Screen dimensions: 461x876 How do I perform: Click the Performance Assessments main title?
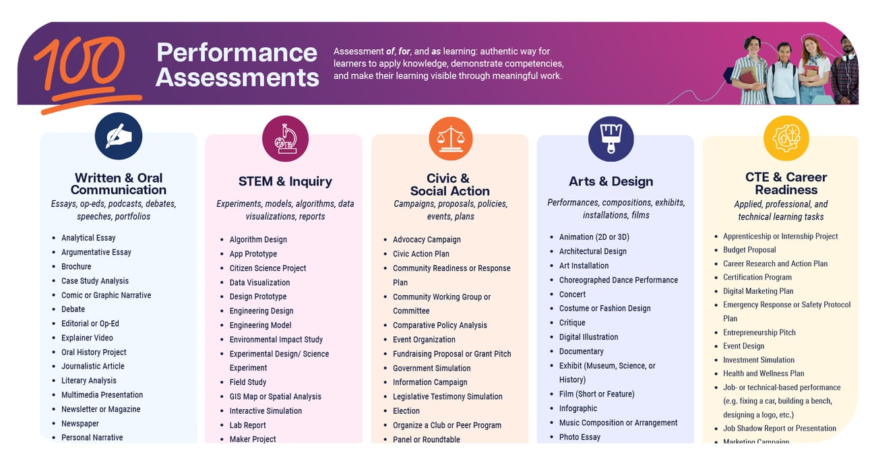pyautogui.click(x=237, y=65)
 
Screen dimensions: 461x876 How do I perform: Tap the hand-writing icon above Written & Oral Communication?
pyautogui.click(x=119, y=136)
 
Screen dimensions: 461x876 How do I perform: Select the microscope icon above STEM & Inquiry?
pyautogui.click(x=285, y=139)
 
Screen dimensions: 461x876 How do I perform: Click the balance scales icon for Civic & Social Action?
pyautogui.click(x=450, y=138)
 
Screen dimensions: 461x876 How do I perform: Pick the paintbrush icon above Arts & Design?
pyautogui.click(x=611, y=138)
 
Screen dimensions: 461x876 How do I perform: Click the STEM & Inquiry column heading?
pyautogui.click(x=285, y=181)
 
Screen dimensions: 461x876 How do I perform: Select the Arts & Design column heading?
pyautogui.click(x=611, y=181)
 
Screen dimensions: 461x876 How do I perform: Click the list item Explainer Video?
pyautogui.click(x=87, y=338)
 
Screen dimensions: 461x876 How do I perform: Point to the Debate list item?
pyautogui.click(x=73, y=309)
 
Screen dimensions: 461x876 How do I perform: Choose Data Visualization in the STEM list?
pyautogui.click(x=259, y=282)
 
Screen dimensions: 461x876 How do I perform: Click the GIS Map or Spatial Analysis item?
pyautogui.click(x=275, y=396)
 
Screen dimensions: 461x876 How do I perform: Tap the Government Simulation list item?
pyautogui.click(x=431, y=368)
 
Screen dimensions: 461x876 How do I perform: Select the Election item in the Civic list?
pyautogui.click(x=406, y=410)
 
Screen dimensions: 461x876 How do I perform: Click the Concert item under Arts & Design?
pyautogui.click(x=572, y=294)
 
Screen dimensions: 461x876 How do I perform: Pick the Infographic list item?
pyautogui.click(x=577, y=408)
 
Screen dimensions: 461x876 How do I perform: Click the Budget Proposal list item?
pyautogui.click(x=749, y=249)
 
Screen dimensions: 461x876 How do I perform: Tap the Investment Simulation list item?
pyautogui.click(x=758, y=360)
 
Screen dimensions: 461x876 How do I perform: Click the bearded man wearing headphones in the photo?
pyautogui.click(x=845, y=71)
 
